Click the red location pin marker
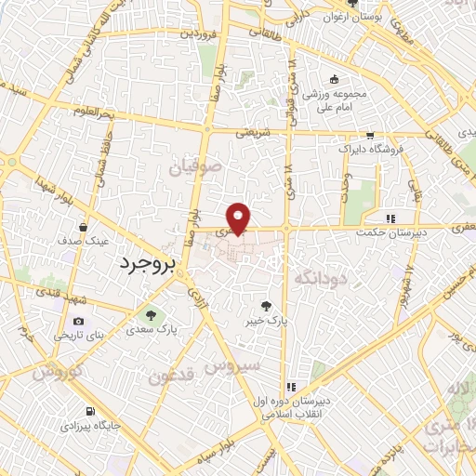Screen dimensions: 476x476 (240, 218)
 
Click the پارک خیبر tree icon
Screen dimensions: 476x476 (267, 304)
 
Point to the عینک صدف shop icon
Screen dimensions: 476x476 (86, 227)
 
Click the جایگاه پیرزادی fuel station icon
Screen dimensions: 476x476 (88, 411)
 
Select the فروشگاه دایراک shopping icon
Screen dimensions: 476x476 (370, 135)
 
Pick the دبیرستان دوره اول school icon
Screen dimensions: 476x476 (291, 386)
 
